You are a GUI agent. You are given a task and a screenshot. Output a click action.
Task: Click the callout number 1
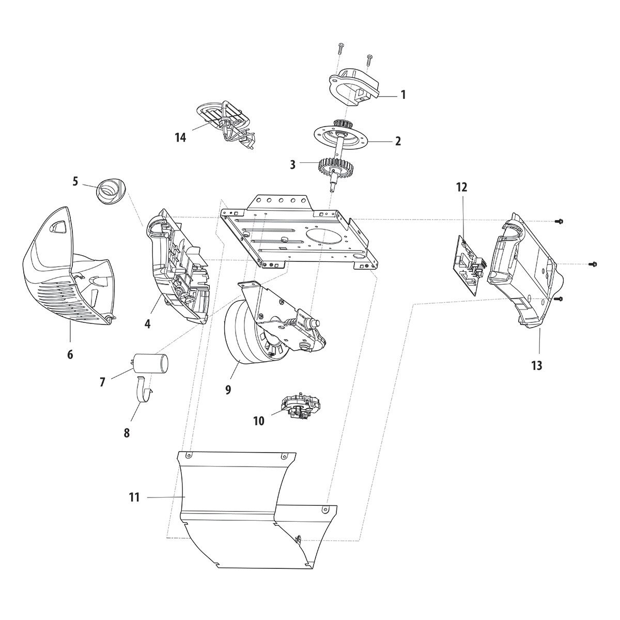click(403, 95)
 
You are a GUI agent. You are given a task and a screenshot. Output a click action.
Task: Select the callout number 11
click(134, 498)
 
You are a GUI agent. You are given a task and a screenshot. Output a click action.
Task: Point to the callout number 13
click(536, 366)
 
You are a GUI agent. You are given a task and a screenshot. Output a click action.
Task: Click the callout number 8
click(127, 432)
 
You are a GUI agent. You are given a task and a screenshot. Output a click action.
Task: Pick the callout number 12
click(461, 187)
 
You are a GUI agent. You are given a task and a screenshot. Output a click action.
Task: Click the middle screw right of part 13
click(593, 265)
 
